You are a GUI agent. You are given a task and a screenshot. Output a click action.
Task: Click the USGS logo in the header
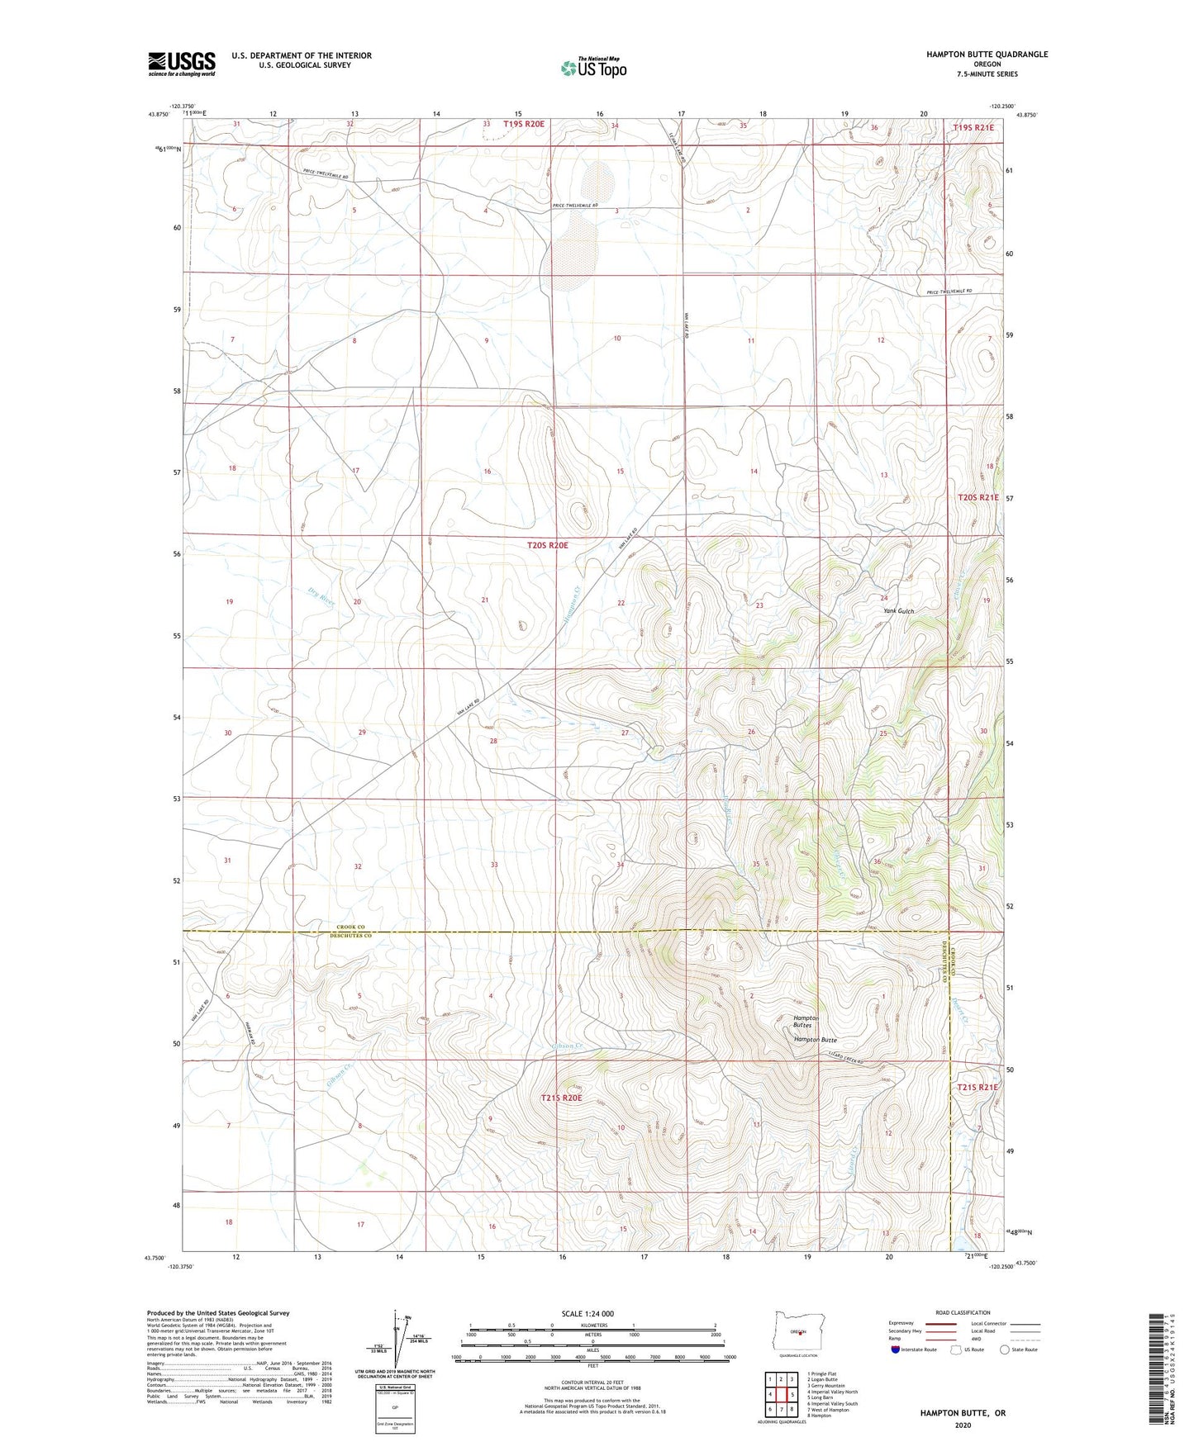182,64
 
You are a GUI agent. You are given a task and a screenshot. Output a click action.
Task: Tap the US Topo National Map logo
593,68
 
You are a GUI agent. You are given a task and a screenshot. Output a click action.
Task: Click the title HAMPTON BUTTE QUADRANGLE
987,55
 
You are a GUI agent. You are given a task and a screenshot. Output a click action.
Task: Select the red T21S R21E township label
978,1088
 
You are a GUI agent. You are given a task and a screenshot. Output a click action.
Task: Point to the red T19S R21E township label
975,127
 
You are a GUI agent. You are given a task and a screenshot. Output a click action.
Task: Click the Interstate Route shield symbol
894,1350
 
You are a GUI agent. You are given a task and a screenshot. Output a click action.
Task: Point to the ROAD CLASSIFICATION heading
963,1312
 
